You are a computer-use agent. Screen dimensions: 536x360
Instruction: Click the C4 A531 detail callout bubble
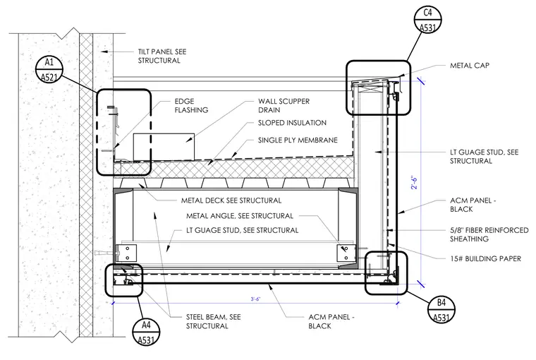tap(427, 20)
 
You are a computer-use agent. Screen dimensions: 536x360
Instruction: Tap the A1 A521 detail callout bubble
tap(49, 69)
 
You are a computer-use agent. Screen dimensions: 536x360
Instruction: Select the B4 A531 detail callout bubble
tap(441, 310)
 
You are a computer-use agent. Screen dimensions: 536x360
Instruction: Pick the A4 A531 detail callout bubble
tap(146, 332)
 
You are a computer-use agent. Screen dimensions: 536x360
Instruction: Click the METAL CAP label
tap(469, 66)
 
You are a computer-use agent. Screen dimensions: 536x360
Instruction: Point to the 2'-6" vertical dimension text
tap(414, 183)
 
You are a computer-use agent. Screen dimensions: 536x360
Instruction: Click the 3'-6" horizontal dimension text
tap(255, 299)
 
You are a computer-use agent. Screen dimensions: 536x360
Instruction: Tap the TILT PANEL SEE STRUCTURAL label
tap(162, 56)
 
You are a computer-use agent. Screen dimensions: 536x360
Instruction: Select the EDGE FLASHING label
tap(191, 106)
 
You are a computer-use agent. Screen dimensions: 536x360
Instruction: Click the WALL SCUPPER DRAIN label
tap(284, 106)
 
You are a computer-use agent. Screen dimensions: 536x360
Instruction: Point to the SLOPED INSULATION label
tap(292, 123)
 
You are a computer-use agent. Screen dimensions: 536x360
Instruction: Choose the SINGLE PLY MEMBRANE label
tap(298, 140)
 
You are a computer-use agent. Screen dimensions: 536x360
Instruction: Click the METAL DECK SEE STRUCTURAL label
tap(231, 200)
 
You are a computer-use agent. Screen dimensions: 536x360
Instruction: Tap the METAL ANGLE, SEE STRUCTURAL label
tap(240, 216)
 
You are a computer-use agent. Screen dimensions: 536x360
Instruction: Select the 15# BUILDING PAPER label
tap(485, 259)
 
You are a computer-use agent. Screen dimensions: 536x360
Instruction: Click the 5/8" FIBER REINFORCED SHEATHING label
tap(489, 234)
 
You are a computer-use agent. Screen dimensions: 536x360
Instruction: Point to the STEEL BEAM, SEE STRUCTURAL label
tap(213, 321)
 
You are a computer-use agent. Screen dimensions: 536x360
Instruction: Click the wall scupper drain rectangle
tap(164, 147)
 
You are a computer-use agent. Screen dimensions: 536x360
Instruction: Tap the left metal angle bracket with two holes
tap(126, 253)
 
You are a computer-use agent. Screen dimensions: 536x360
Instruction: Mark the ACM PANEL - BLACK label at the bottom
tap(331, 321)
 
